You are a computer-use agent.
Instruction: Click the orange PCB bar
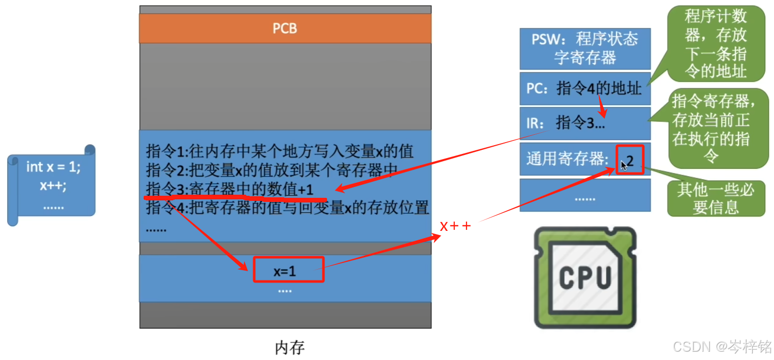(285, 28)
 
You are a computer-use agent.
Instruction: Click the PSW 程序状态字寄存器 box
(584, 48)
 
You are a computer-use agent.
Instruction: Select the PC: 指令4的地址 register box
(584, 88)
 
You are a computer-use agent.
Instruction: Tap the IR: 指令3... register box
(584, 123)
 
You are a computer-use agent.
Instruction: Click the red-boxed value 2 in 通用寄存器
(630, 160)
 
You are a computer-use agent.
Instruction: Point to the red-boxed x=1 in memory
(288, 270)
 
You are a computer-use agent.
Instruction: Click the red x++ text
(455, 226)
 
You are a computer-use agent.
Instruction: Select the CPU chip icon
(585, 277)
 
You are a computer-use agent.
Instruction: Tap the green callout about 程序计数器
(716, 43)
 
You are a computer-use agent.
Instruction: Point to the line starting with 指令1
(280, 151)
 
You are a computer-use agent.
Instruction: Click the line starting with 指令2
(272, 170)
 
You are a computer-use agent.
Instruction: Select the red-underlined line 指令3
(229, 190)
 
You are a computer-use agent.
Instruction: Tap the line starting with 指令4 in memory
(287, 208)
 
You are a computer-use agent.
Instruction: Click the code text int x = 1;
(53, 167)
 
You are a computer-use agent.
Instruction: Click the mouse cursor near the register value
(624, 165)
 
